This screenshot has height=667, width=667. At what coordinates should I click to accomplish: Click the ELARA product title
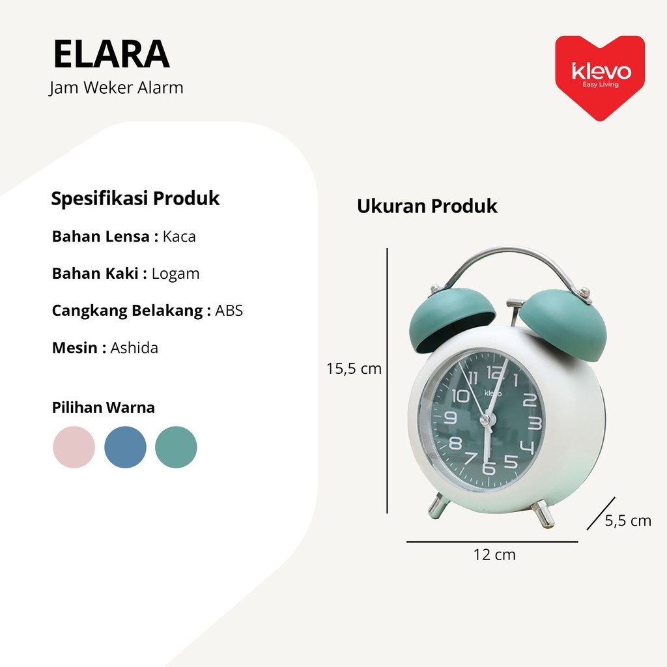pos(111,54)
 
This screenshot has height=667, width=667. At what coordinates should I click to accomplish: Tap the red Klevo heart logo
pos(600,78)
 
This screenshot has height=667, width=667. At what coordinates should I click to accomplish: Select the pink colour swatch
pos(74,447)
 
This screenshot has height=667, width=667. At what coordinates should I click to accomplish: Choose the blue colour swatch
pos(125,447)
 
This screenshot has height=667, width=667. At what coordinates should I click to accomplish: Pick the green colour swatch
pos(176,447)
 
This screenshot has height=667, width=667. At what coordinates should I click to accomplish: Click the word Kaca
pos(179,236)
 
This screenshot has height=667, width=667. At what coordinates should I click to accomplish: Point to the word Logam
pos(175,274)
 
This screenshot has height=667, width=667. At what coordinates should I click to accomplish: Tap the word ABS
pos(229,311)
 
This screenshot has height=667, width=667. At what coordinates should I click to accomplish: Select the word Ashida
pos(134,348)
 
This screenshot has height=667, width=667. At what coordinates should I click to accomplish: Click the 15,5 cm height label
pos(354,369)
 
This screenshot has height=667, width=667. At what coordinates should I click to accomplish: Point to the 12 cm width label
pos(494,555)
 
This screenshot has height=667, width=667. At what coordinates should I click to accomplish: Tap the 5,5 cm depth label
pos(628,520)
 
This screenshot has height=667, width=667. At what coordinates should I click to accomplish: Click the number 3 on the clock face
pos(535,423)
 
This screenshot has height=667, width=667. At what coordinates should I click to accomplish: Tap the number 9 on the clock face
pos(451,418)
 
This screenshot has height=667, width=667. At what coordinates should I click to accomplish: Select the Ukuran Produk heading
pos(427,206)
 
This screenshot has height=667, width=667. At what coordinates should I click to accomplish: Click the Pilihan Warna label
pos(104,408)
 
